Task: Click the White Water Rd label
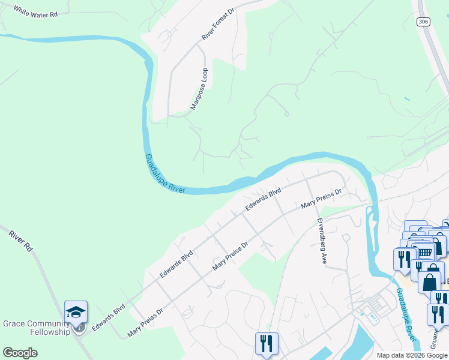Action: [35, 11]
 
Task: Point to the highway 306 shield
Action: [423, 21]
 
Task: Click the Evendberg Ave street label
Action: [321, 241]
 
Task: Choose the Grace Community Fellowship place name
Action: [37, 328]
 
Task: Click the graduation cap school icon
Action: [76, 311]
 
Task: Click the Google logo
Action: [20, 353]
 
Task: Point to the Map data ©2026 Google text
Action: [411, 355]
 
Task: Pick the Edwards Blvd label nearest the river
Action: [263, 200]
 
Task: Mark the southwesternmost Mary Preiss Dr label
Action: [145, 322]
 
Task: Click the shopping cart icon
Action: [425, 252]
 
